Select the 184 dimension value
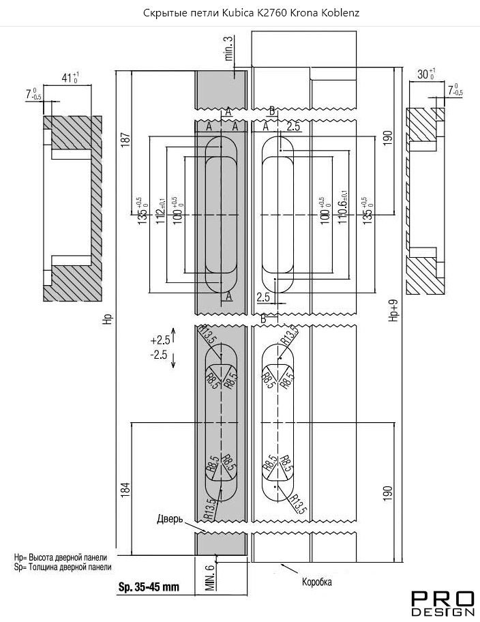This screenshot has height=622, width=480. pos(125,490)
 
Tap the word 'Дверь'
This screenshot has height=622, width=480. pos(170,519)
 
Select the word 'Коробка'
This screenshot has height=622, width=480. pos(317,582)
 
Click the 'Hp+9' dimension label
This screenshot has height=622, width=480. pos(391,310)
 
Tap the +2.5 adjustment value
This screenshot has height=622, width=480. pos(159,339)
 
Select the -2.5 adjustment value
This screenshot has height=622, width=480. pos(159,355)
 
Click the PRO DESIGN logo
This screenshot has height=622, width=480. pos(443,604)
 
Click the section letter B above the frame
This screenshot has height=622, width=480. pos(272,110)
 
